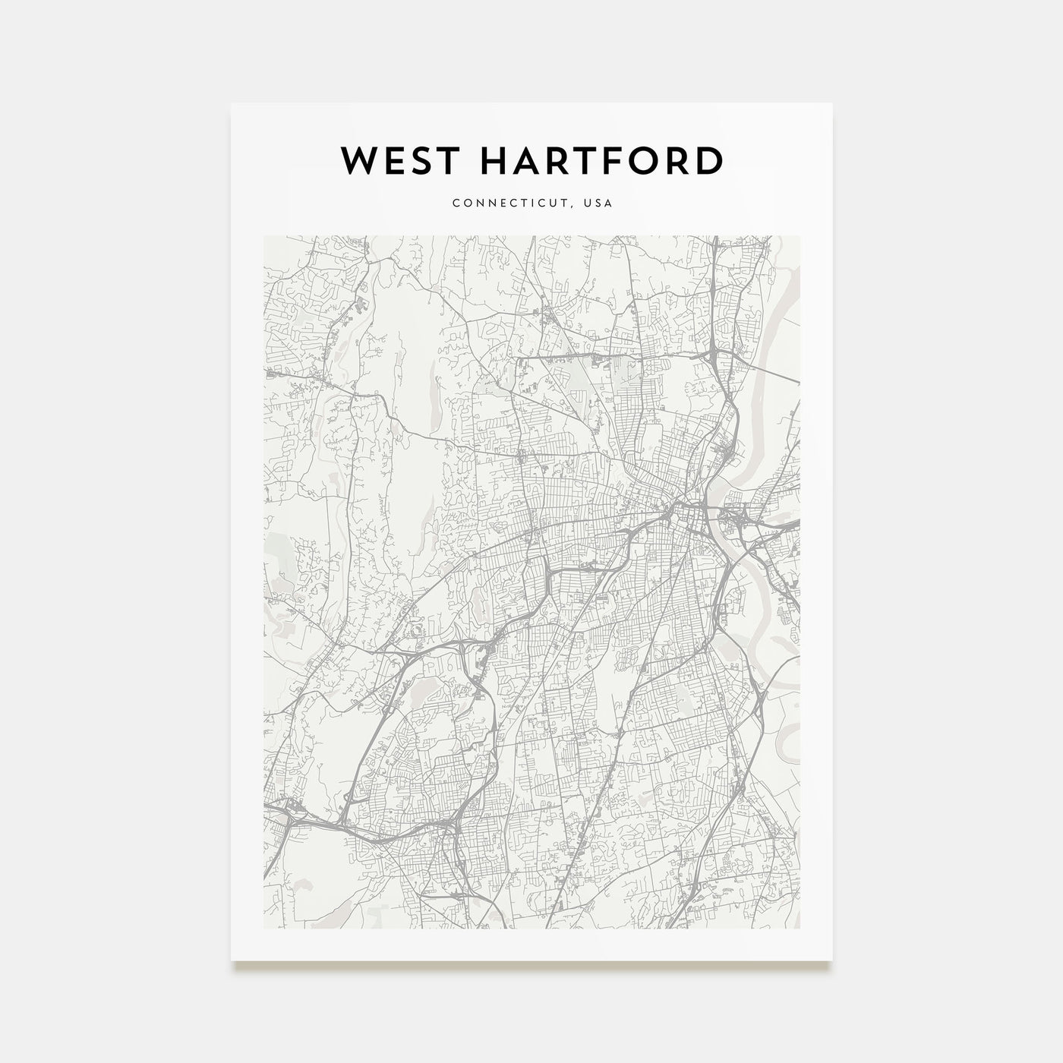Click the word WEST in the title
[393, 161]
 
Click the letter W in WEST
[357, 161]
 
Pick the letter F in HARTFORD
[627, 161]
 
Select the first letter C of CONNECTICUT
[455, 203]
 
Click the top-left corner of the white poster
[232, 104]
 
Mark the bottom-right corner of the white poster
[832, 960]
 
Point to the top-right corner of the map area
[800, 236]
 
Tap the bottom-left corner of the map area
[263, 929]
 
